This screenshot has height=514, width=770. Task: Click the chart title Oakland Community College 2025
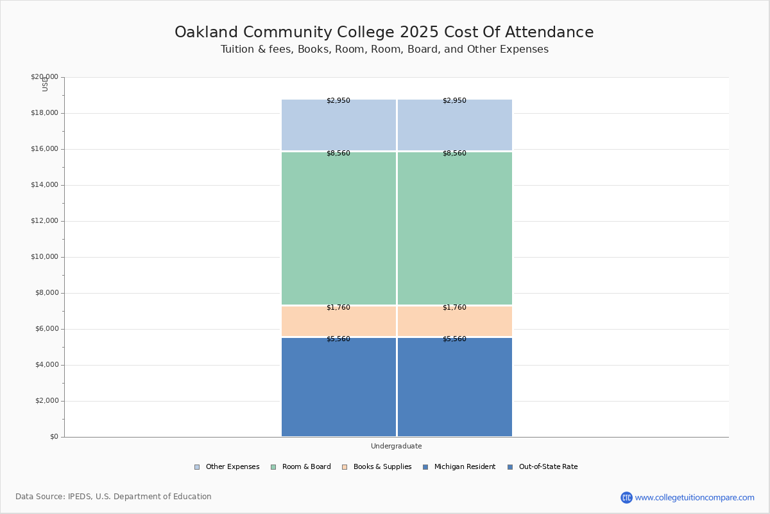tap(384, 33)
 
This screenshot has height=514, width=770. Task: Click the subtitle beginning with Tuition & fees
tap(384, 49)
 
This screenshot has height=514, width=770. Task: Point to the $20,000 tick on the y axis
tap(44, 77)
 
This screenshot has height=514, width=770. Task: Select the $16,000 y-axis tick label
tap(44, 149)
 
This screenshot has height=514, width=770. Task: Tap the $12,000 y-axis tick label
tap(44, 221)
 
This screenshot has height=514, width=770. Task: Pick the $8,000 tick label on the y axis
tap(46, 293)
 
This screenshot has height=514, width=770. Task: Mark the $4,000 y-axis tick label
tap(46, 365)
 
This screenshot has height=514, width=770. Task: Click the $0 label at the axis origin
tap(54, 437)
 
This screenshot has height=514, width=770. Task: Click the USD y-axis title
tap(45, 85)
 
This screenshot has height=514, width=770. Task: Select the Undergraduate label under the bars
tap(396, 446)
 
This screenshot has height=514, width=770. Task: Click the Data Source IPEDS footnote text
tap(114, 497)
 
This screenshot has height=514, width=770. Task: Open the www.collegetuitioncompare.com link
tap(694, 497)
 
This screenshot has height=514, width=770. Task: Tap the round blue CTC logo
tap(626, 497)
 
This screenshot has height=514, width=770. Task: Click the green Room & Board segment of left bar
tap(339, 229)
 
